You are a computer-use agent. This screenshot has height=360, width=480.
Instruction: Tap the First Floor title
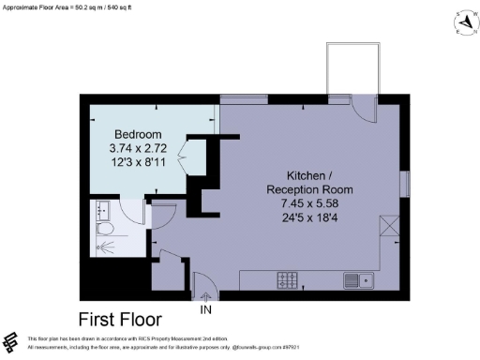(x=119, y=318)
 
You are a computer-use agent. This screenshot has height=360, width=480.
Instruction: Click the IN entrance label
(x=206, y=307)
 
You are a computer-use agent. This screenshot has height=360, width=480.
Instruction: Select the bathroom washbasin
(x=101, y=208)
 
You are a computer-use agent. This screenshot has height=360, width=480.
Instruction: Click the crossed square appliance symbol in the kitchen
(x=388, y=226)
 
